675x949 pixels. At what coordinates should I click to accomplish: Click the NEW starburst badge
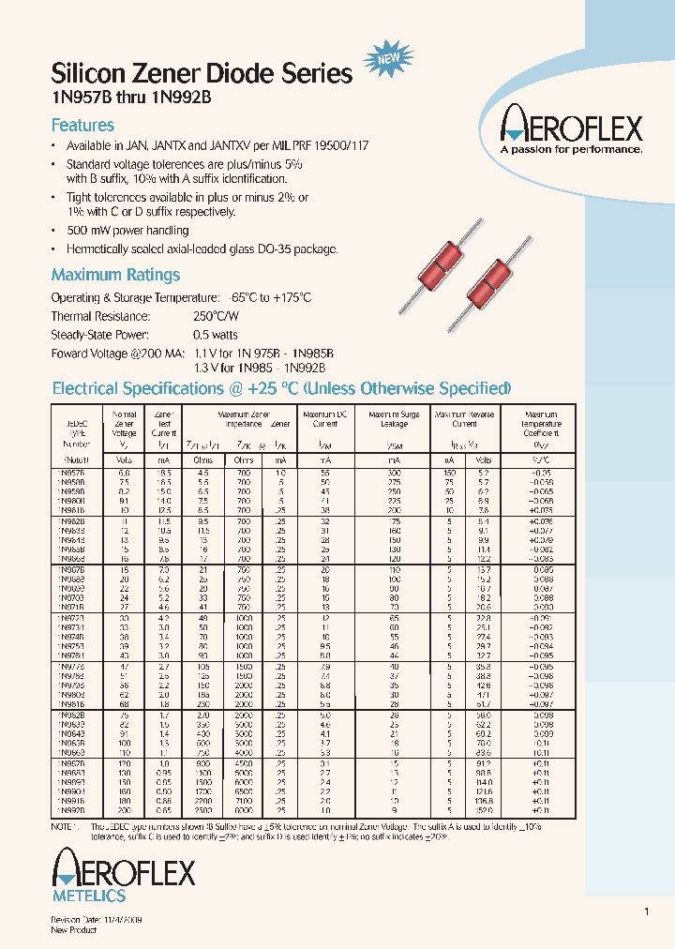pos(386,59)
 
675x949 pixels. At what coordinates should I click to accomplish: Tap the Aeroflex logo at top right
pos(571,125)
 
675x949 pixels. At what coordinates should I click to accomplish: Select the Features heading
pos(82,126)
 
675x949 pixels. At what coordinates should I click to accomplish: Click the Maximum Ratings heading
pos(115,275)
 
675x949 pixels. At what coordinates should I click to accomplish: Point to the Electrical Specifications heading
pos(281,388)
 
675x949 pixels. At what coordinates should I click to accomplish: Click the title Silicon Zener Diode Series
pos(202,74)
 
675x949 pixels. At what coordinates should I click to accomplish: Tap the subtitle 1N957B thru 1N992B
pos(138,98)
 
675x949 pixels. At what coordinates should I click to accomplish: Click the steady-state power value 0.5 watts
pos(217,335)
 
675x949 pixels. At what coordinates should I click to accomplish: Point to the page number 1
pos(646,911)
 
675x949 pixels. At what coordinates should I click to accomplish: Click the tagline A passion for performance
pos(571,148)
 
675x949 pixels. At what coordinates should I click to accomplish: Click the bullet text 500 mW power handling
pos(127,231)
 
